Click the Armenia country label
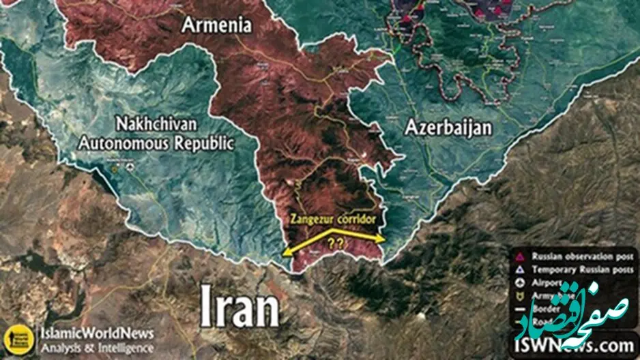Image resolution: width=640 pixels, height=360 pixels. [216, 25]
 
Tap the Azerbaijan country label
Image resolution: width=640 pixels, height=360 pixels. [448, 127]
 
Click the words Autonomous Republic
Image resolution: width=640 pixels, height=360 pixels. [156, 144]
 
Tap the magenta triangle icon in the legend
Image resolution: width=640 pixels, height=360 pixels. [521, 257]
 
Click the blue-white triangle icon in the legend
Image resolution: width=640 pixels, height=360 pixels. [521, 269]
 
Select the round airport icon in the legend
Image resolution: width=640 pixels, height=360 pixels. [521, 282]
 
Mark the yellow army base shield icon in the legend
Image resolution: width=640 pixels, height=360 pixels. [521, 295]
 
